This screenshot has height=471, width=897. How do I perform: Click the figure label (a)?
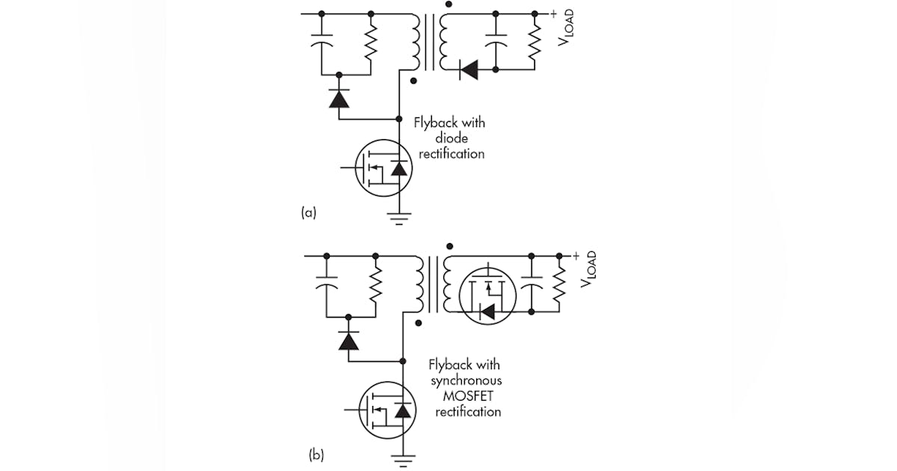pyautogui.click(x=308, y=212)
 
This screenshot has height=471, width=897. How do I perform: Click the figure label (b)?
pyautogui.click(x=315, y=454)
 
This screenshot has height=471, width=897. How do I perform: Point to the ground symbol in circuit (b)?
pyautogui.click(x=404, y=460)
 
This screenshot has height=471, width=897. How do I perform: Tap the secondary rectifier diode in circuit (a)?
pyautogui.click(x=469, y=71)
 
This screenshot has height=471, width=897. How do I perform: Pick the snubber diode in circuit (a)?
pyautogui.click(x=339, y=99)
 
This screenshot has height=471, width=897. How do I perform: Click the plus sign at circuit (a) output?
pyautogui.click(x=554, y=13)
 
